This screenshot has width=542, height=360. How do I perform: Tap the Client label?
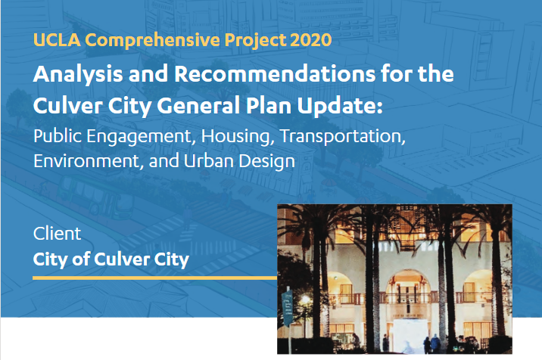(x=57, y=234)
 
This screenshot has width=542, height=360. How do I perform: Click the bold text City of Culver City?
(x=111, y=260)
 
